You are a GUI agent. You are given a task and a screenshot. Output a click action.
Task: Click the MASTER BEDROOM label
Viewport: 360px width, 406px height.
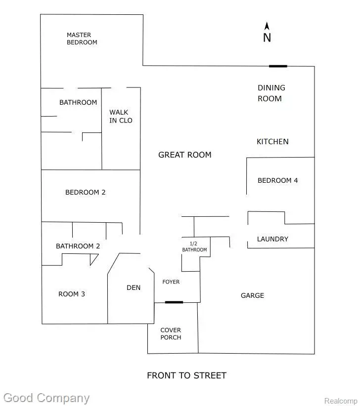click(82, 39)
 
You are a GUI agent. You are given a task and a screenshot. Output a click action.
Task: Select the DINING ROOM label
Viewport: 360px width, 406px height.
click(271, 93)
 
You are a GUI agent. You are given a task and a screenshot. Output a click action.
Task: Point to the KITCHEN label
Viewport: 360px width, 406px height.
click(272, 142)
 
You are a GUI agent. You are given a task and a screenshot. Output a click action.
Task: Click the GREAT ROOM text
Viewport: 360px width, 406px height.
click(184, 155)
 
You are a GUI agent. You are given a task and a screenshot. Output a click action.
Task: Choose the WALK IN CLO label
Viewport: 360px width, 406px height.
click(121, 116)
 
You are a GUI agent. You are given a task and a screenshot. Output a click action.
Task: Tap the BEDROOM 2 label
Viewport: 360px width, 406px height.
click(86, 192)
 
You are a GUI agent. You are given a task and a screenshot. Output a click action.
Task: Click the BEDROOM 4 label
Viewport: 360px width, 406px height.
click(277, 181)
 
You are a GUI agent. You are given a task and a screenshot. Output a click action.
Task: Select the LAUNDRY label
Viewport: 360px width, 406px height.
click(272, 239)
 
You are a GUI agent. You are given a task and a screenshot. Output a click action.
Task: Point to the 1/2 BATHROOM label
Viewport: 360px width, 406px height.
click(194, 246)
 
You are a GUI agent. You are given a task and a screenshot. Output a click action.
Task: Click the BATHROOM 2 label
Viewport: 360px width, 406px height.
click(78, 246)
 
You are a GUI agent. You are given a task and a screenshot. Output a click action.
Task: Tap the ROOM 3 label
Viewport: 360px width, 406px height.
click(72, 294)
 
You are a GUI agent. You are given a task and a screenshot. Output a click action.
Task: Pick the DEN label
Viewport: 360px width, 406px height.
click(134, 287)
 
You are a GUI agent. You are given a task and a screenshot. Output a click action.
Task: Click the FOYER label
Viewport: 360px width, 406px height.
click(171, 282)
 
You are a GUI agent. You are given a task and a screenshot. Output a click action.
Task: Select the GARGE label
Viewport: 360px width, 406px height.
click(252, 295)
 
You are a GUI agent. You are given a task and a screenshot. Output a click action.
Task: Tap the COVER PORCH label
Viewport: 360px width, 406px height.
click(171, 333)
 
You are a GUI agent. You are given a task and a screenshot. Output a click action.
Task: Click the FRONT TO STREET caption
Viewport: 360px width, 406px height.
click(186, 375)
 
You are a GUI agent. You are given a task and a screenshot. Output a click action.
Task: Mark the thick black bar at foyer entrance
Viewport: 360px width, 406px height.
click(174, 302)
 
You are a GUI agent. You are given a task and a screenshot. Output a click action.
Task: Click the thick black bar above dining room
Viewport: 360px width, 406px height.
click(278, 66)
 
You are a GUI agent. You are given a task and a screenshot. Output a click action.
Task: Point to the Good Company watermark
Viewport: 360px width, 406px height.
click(46, 398)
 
